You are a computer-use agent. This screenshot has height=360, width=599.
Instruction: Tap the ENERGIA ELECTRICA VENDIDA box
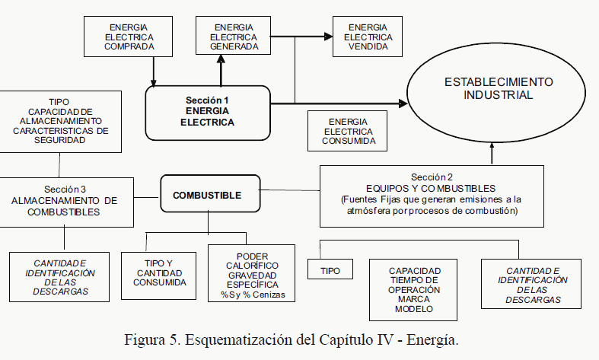(368, 37)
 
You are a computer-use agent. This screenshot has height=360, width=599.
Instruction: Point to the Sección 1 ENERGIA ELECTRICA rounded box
(206, 112)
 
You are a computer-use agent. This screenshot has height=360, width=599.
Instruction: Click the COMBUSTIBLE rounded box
(207, 196)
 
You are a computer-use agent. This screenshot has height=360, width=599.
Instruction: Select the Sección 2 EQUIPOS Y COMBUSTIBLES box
(431, 196)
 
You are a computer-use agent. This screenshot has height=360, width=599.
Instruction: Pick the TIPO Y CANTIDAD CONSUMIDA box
(160, 272)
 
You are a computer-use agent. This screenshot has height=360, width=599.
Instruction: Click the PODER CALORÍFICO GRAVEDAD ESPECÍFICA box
(251, 274)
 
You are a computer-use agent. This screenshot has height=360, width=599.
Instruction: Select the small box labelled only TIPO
(330, 270)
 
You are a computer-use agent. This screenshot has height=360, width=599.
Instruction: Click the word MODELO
(414, 309)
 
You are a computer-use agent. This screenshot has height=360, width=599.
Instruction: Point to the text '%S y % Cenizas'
(251, 295)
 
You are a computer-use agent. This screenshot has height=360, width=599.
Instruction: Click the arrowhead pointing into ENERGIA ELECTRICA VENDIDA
(328, 36)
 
